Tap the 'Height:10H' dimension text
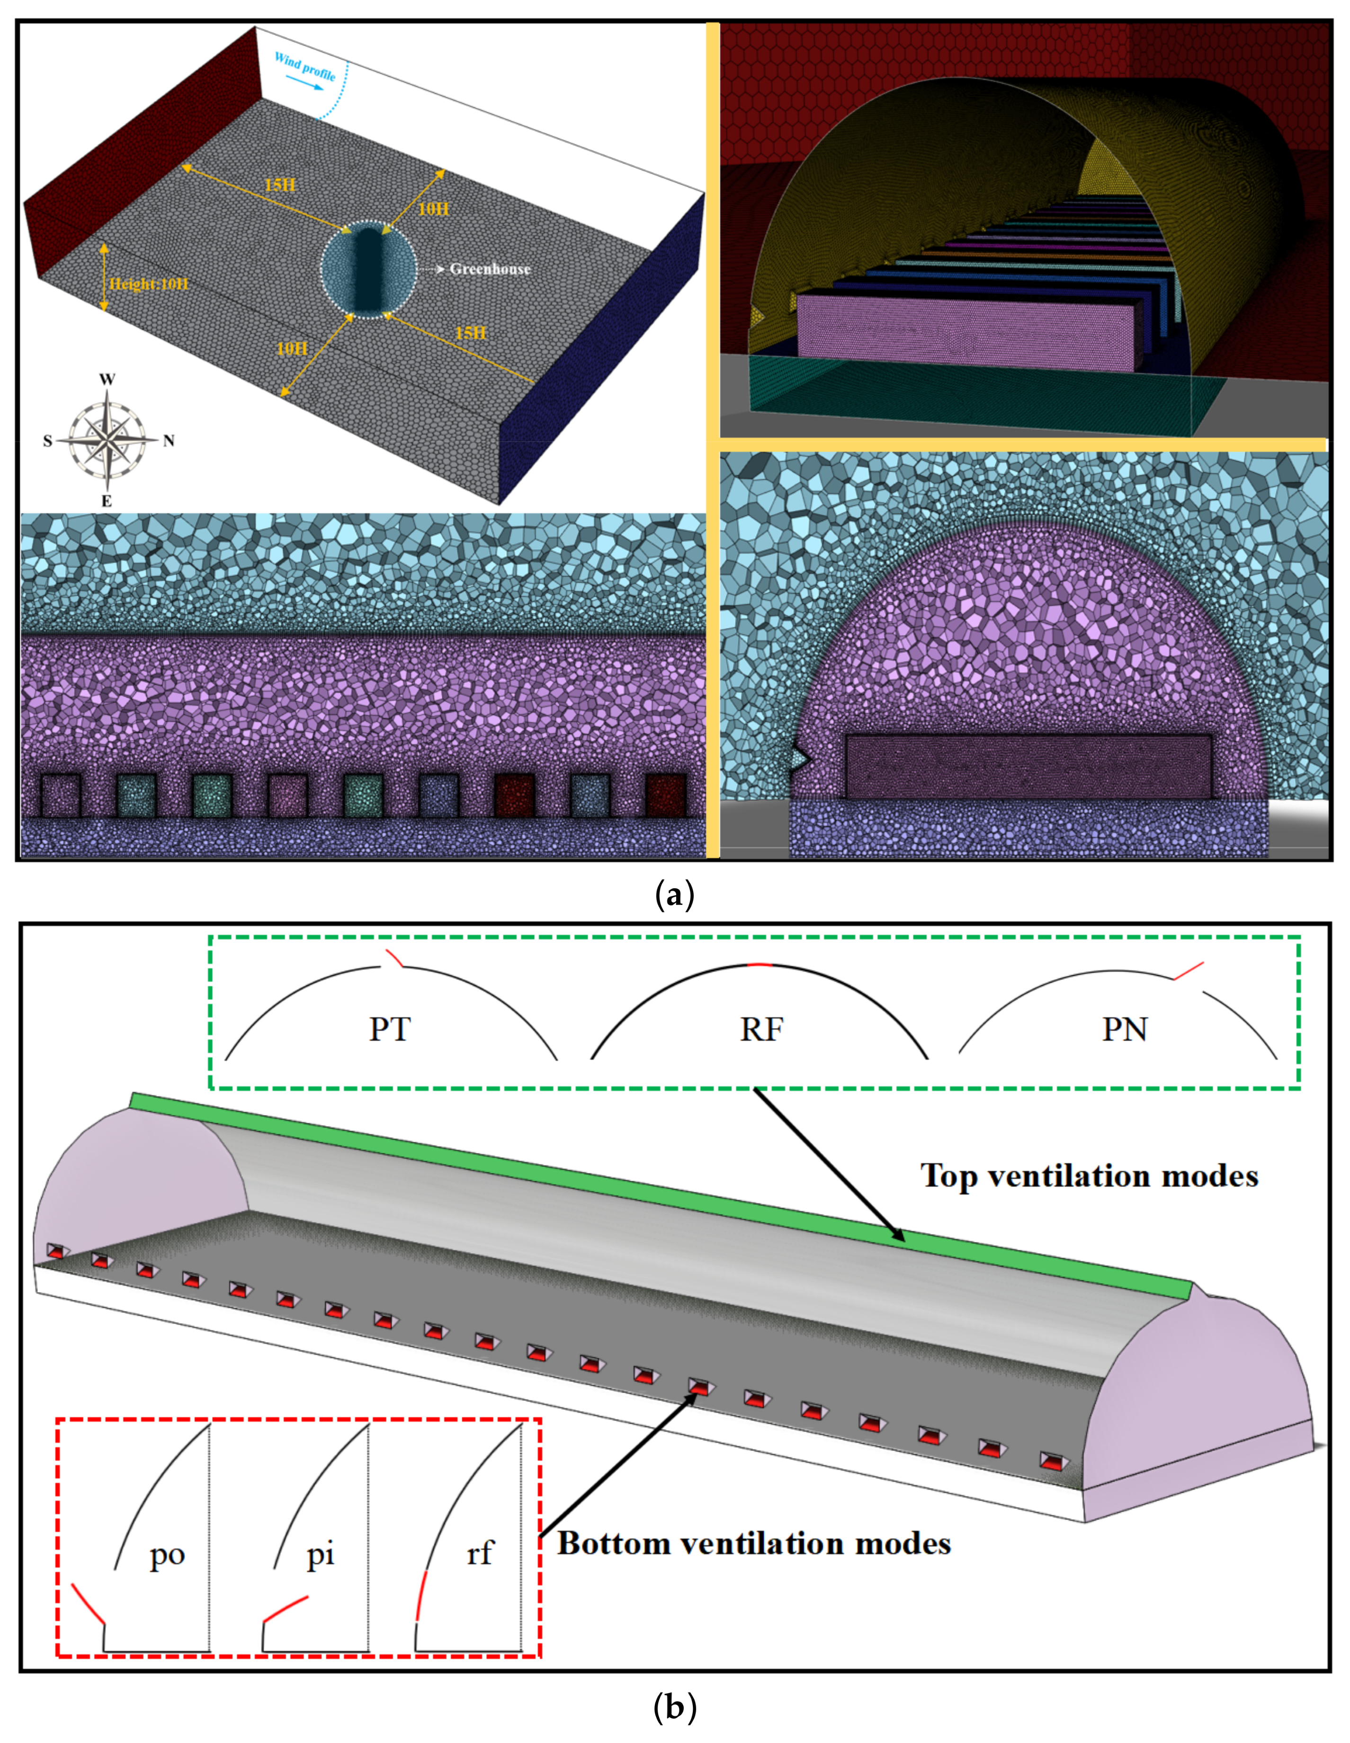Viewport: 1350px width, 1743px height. coord(149,284)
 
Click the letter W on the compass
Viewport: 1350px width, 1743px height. coord(107,379)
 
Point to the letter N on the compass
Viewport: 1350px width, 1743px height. coord(169,441)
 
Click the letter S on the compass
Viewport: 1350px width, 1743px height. coord(47,441)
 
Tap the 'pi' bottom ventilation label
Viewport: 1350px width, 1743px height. coord(320,1554)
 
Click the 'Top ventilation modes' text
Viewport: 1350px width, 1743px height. coord(1089,1177)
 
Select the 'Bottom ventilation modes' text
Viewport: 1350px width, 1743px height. coord(754,1543)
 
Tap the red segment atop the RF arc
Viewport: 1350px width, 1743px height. coord(759,965)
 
